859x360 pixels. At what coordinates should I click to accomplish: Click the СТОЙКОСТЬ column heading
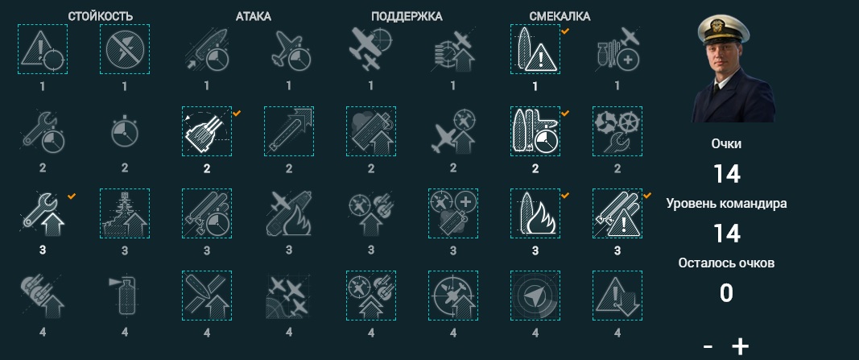pos(101,16)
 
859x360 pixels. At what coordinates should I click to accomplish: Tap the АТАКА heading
pos(253,16)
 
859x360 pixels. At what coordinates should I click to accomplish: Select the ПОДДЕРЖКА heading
pos(407,16)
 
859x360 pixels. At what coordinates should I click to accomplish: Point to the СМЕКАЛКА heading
pos(560,16)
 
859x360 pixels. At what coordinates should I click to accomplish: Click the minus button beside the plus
pos(708,346)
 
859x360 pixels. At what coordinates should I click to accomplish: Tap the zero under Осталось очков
pos(726,293)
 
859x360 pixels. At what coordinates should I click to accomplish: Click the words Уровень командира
pos(726,203)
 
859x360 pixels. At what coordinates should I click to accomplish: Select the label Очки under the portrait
pos(726,143)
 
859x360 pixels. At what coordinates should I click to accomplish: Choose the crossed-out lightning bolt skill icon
pos(125,49)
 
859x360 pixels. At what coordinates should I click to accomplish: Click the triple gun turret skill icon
pos(207,131)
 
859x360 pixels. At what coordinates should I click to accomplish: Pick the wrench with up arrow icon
pos(43,213)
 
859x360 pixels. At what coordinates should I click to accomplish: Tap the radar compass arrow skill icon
pos(535,296)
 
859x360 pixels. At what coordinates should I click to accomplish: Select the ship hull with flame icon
pos(535,213)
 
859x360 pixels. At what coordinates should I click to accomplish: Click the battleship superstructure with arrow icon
pos(125,213)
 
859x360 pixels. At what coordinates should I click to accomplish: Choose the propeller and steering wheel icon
pos(617,131)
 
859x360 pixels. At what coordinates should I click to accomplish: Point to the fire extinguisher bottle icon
pos(125,296)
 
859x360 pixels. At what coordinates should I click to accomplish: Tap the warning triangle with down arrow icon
pos(617,296)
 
